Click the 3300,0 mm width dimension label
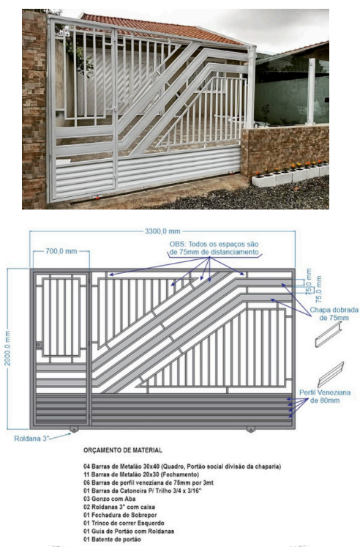[162, 231]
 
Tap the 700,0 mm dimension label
[61, 251]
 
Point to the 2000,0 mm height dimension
[7, 348]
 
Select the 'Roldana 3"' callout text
[31, 439]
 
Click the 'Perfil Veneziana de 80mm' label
[325, 396]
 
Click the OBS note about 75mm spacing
[214, 248]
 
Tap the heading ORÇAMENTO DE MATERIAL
[123, 450]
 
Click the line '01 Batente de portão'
[112, 540]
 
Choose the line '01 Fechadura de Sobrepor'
[120, 515]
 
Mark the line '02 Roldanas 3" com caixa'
[119, 507]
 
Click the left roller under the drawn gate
[74, 429]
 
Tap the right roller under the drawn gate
[250, 429]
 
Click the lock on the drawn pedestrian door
[38, 345]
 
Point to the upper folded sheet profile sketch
[329, 335]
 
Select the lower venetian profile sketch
[331, 375]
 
